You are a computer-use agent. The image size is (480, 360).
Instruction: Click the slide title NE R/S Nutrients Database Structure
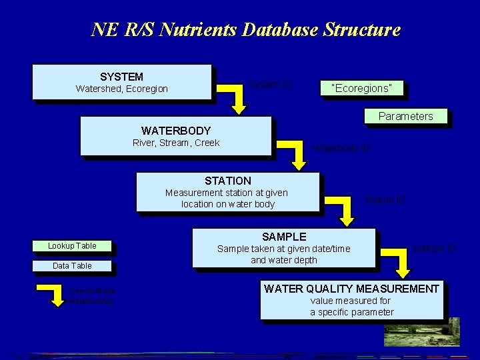pos(246,30)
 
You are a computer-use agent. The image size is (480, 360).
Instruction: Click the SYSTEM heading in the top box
pos(121,77)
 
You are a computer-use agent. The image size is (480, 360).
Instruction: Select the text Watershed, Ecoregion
pos(121,89)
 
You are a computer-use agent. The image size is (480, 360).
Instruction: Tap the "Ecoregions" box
pos(361,88)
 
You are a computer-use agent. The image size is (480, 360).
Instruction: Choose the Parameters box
pos(405,116)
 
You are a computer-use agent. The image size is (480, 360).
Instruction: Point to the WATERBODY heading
pos(176,131)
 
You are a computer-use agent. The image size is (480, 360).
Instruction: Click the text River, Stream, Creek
pos(176,143)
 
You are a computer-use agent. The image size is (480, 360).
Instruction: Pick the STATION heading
pos(228,181)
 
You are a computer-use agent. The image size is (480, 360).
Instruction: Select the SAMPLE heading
pos(284,237)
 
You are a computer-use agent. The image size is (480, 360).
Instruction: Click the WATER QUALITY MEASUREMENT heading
pos(351,289)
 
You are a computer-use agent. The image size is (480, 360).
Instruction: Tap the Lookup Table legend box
pos(72,246)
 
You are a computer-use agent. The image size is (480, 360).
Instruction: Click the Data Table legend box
pos(72,266)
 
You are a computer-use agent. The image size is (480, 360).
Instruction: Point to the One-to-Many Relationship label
pos(91,296)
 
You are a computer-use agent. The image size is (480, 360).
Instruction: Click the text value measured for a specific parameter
pos(351,307)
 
